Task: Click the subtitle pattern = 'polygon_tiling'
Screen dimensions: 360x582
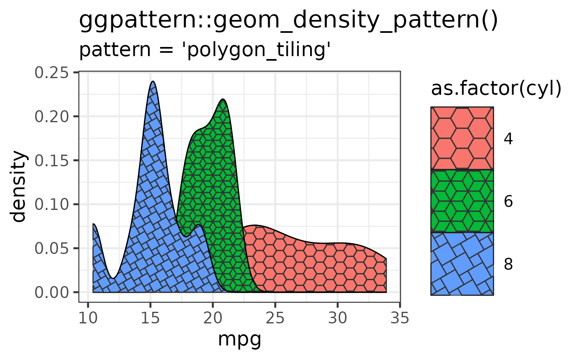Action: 205,50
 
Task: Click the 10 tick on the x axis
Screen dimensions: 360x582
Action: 88,319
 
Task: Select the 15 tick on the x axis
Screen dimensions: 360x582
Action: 150,319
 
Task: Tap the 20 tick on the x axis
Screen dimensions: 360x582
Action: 212,319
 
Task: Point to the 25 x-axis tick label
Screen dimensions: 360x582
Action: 275,319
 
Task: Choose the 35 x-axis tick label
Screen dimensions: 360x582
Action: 400,319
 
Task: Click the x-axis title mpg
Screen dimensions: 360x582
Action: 239,340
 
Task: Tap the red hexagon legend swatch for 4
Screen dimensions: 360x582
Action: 462,138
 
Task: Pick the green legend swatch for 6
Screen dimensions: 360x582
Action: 462,201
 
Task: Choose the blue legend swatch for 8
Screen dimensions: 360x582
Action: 462,264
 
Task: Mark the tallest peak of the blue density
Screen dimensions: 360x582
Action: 153,82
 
